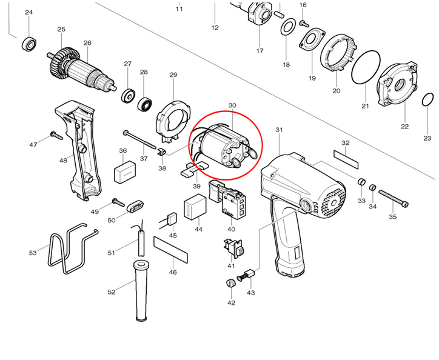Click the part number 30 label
232,105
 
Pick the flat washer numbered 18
289,25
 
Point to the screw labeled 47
58,135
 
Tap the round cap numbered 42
230,284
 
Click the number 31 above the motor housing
279,130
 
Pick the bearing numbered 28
145,103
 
